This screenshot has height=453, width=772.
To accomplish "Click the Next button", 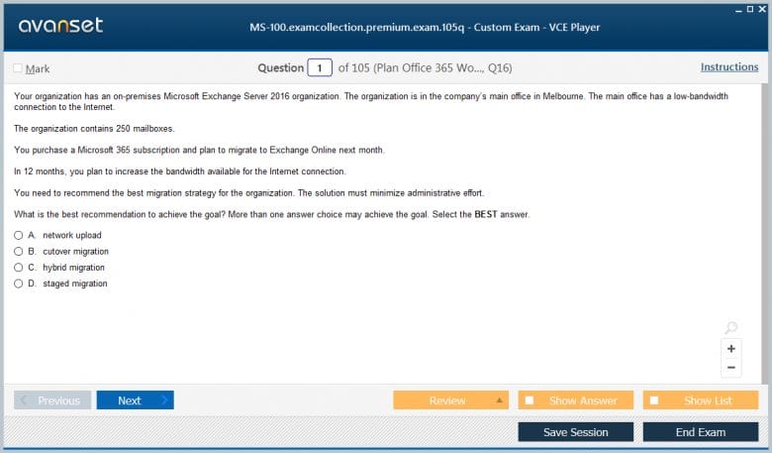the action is (x=135, y=400).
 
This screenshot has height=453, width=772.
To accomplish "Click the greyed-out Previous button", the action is (x=52, y=400).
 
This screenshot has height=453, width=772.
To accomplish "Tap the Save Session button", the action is (x=576, y=432).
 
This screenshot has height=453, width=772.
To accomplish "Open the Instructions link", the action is (x=729, y=67).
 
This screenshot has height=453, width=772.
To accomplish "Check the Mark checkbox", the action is (x=18, y=68).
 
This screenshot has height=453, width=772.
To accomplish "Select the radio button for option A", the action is (x=18, y=235).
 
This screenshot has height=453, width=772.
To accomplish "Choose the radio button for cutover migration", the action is (x=18, y=252).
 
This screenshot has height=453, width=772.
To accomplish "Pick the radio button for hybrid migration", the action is (x=18, y=268).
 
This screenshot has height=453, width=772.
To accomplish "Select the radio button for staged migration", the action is (x=18, y=283).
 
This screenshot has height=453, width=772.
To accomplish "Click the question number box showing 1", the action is (x=320, y=67).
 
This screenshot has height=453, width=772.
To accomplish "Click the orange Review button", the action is (x=450, y=400).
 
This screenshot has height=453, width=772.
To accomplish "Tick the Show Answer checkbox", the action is (x=530, y=400).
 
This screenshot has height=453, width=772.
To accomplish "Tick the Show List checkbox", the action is (x=654, y=400).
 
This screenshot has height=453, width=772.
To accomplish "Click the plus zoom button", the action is (x=731, y=349).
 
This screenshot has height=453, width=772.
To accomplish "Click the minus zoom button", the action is (x=731, y=367).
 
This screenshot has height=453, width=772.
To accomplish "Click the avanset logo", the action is (x=60, y=25).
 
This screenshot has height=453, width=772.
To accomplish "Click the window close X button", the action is (x=762, y=9).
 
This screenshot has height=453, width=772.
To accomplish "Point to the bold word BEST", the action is (x=486, y=214).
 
